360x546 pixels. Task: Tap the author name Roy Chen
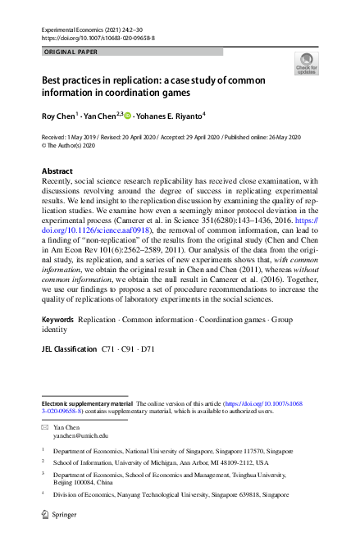coord(58,116)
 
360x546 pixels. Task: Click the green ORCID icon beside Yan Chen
coord(126,116)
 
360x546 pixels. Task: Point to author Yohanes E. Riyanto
coord(171,116)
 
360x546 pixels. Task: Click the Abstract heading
coord(57,171)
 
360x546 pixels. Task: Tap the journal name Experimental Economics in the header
coord(76,29)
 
